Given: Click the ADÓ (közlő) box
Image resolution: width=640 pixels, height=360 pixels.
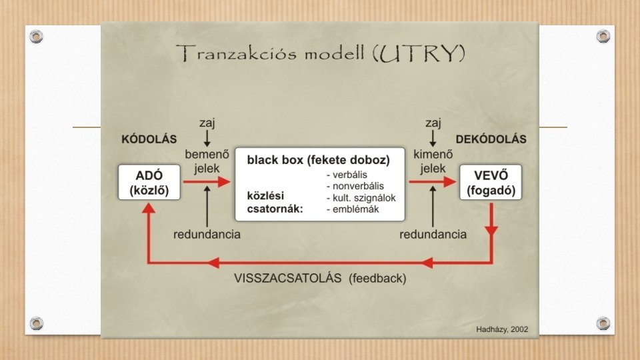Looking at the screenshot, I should tap(149, 182).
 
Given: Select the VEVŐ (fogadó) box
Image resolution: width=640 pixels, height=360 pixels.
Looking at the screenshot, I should tap(491, 182).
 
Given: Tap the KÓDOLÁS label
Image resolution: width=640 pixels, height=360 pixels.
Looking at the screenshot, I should tap(149, 140).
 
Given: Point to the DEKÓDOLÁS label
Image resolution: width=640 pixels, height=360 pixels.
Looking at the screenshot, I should tap(491, 140).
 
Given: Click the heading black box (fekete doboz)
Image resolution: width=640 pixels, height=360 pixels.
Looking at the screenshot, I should tap(318, 161).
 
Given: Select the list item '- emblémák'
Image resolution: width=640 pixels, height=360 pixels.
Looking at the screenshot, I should tap(353, 209).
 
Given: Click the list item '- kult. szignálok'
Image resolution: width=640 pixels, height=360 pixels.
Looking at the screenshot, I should tap(361, 198).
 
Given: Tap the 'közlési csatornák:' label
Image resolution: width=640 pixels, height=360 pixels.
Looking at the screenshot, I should tap(275, 203).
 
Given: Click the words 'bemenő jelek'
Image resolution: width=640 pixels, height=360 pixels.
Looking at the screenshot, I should tap(207, 161).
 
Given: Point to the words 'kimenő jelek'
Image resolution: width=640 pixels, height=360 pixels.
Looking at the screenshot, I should tap(433, 161).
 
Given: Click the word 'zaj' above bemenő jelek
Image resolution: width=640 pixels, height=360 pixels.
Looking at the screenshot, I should tap(207, 123).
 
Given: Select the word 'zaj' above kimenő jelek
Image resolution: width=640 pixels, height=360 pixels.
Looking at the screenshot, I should tap(433, 123).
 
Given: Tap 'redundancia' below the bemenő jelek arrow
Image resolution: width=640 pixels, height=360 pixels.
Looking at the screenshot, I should tap(207, 235).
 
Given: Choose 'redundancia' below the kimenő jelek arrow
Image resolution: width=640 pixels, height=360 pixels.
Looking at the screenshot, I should tap(433, 235).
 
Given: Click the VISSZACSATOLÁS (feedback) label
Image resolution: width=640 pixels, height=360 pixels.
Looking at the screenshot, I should tap(321, 278).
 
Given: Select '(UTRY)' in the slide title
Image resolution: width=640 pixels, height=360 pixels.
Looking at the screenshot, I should tap(421, 54).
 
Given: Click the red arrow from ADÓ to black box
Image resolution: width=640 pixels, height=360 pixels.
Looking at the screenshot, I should tap(206, 181).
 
